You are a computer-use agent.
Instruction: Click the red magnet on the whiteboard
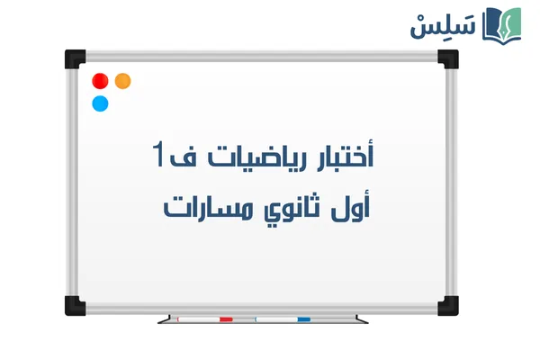click(100, 81)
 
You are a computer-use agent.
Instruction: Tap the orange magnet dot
click(123, 80)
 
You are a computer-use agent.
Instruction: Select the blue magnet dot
click(100, 103)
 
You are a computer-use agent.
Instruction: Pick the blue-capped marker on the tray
click(283, 319)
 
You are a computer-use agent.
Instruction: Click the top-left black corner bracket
click(74, 58)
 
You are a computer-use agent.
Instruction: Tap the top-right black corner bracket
click(448, 58)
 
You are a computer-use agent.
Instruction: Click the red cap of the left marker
click(225, 319)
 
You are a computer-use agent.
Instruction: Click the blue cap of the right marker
click(303, 319)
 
